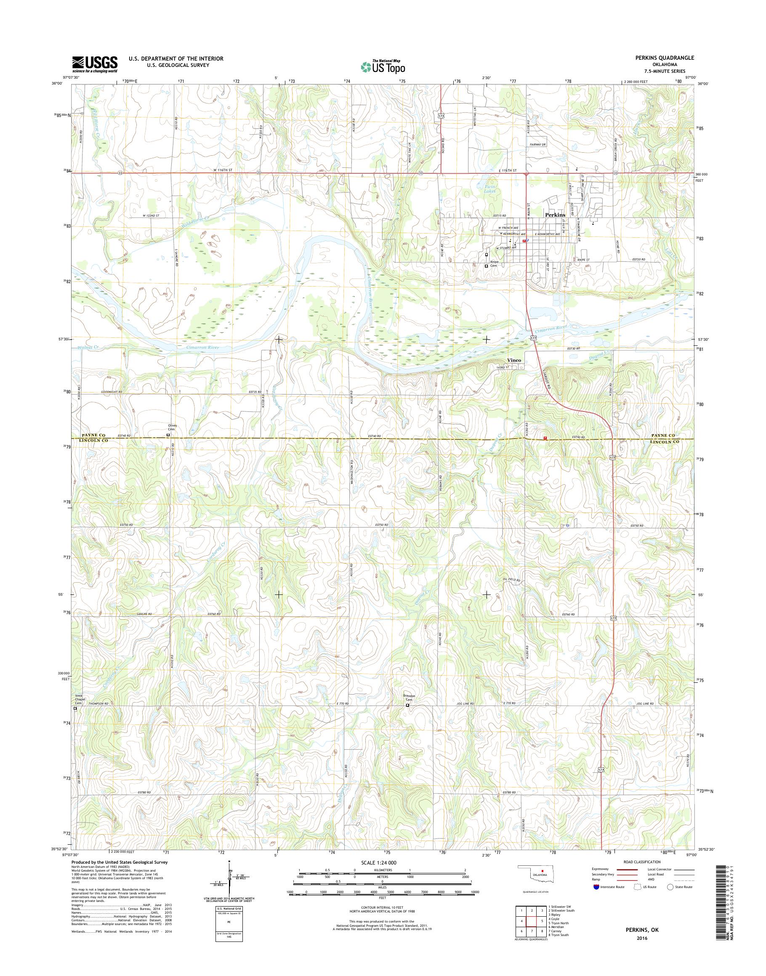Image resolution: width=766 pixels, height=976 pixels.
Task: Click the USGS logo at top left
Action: tap(95, 64)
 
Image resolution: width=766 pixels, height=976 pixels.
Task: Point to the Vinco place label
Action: tap(514, 360)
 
